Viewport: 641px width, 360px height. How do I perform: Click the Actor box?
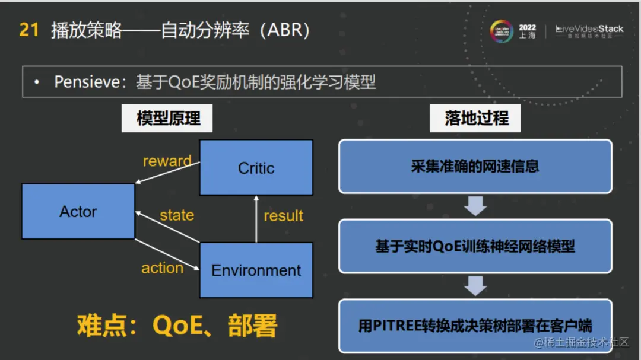pyautogui.click(x=78, y=211)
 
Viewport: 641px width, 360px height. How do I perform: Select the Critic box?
pyautogui.click(x=256, y=168)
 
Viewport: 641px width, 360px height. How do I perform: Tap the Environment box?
pyautogui.click(x=256, y=270)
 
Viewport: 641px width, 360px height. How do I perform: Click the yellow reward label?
pyautogui.click(x=167, y=161)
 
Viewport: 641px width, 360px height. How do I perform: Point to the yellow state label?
pyautogui.click(x=177, y=215)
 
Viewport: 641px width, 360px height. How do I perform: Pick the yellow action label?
pyautogui.click(x=162, y=267)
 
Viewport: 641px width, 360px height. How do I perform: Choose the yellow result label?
pyautogui.click(x=283, y=215)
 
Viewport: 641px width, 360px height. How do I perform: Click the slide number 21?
pyautogui.click(x=29, y=30)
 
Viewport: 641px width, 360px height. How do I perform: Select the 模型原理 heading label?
pyautogui.click(x=168, y=119)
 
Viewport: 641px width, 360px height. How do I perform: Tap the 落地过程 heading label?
pyautogui.click(x=476, y=119)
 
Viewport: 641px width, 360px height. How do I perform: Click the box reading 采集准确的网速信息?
pyautogui.click(x=475, y=166)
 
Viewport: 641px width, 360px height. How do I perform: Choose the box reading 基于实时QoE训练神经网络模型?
pyautogui.click(x=475, y=246)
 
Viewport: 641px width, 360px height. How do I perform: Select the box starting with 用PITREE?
pyautogui.click(x=475, y=326)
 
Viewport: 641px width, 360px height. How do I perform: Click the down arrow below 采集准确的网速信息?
pyautogui.click(x=475, y=206)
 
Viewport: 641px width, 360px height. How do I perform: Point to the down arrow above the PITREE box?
pyautogui.click(x=475, y=285)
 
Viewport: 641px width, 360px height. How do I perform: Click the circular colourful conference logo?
pyautogui.click(x=501, y=31)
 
